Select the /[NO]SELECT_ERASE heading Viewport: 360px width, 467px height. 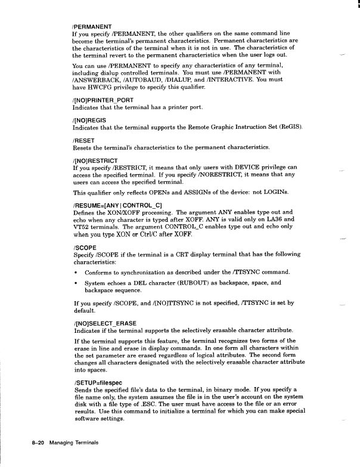105,323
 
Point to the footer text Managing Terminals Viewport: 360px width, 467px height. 73,444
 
